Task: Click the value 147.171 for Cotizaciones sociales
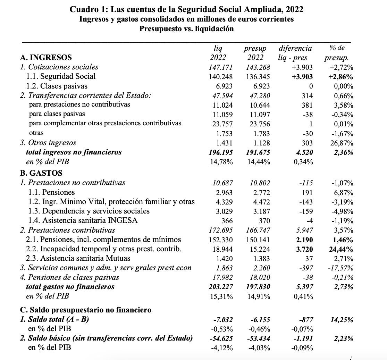[221, 67]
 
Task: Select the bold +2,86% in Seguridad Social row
[340, 77]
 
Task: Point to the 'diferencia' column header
[295, 48]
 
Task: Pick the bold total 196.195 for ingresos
[220, 152]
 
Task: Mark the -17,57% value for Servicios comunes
[340, 268]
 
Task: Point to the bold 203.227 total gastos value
[220, 287]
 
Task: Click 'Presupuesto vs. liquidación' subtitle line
[186, 29]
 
